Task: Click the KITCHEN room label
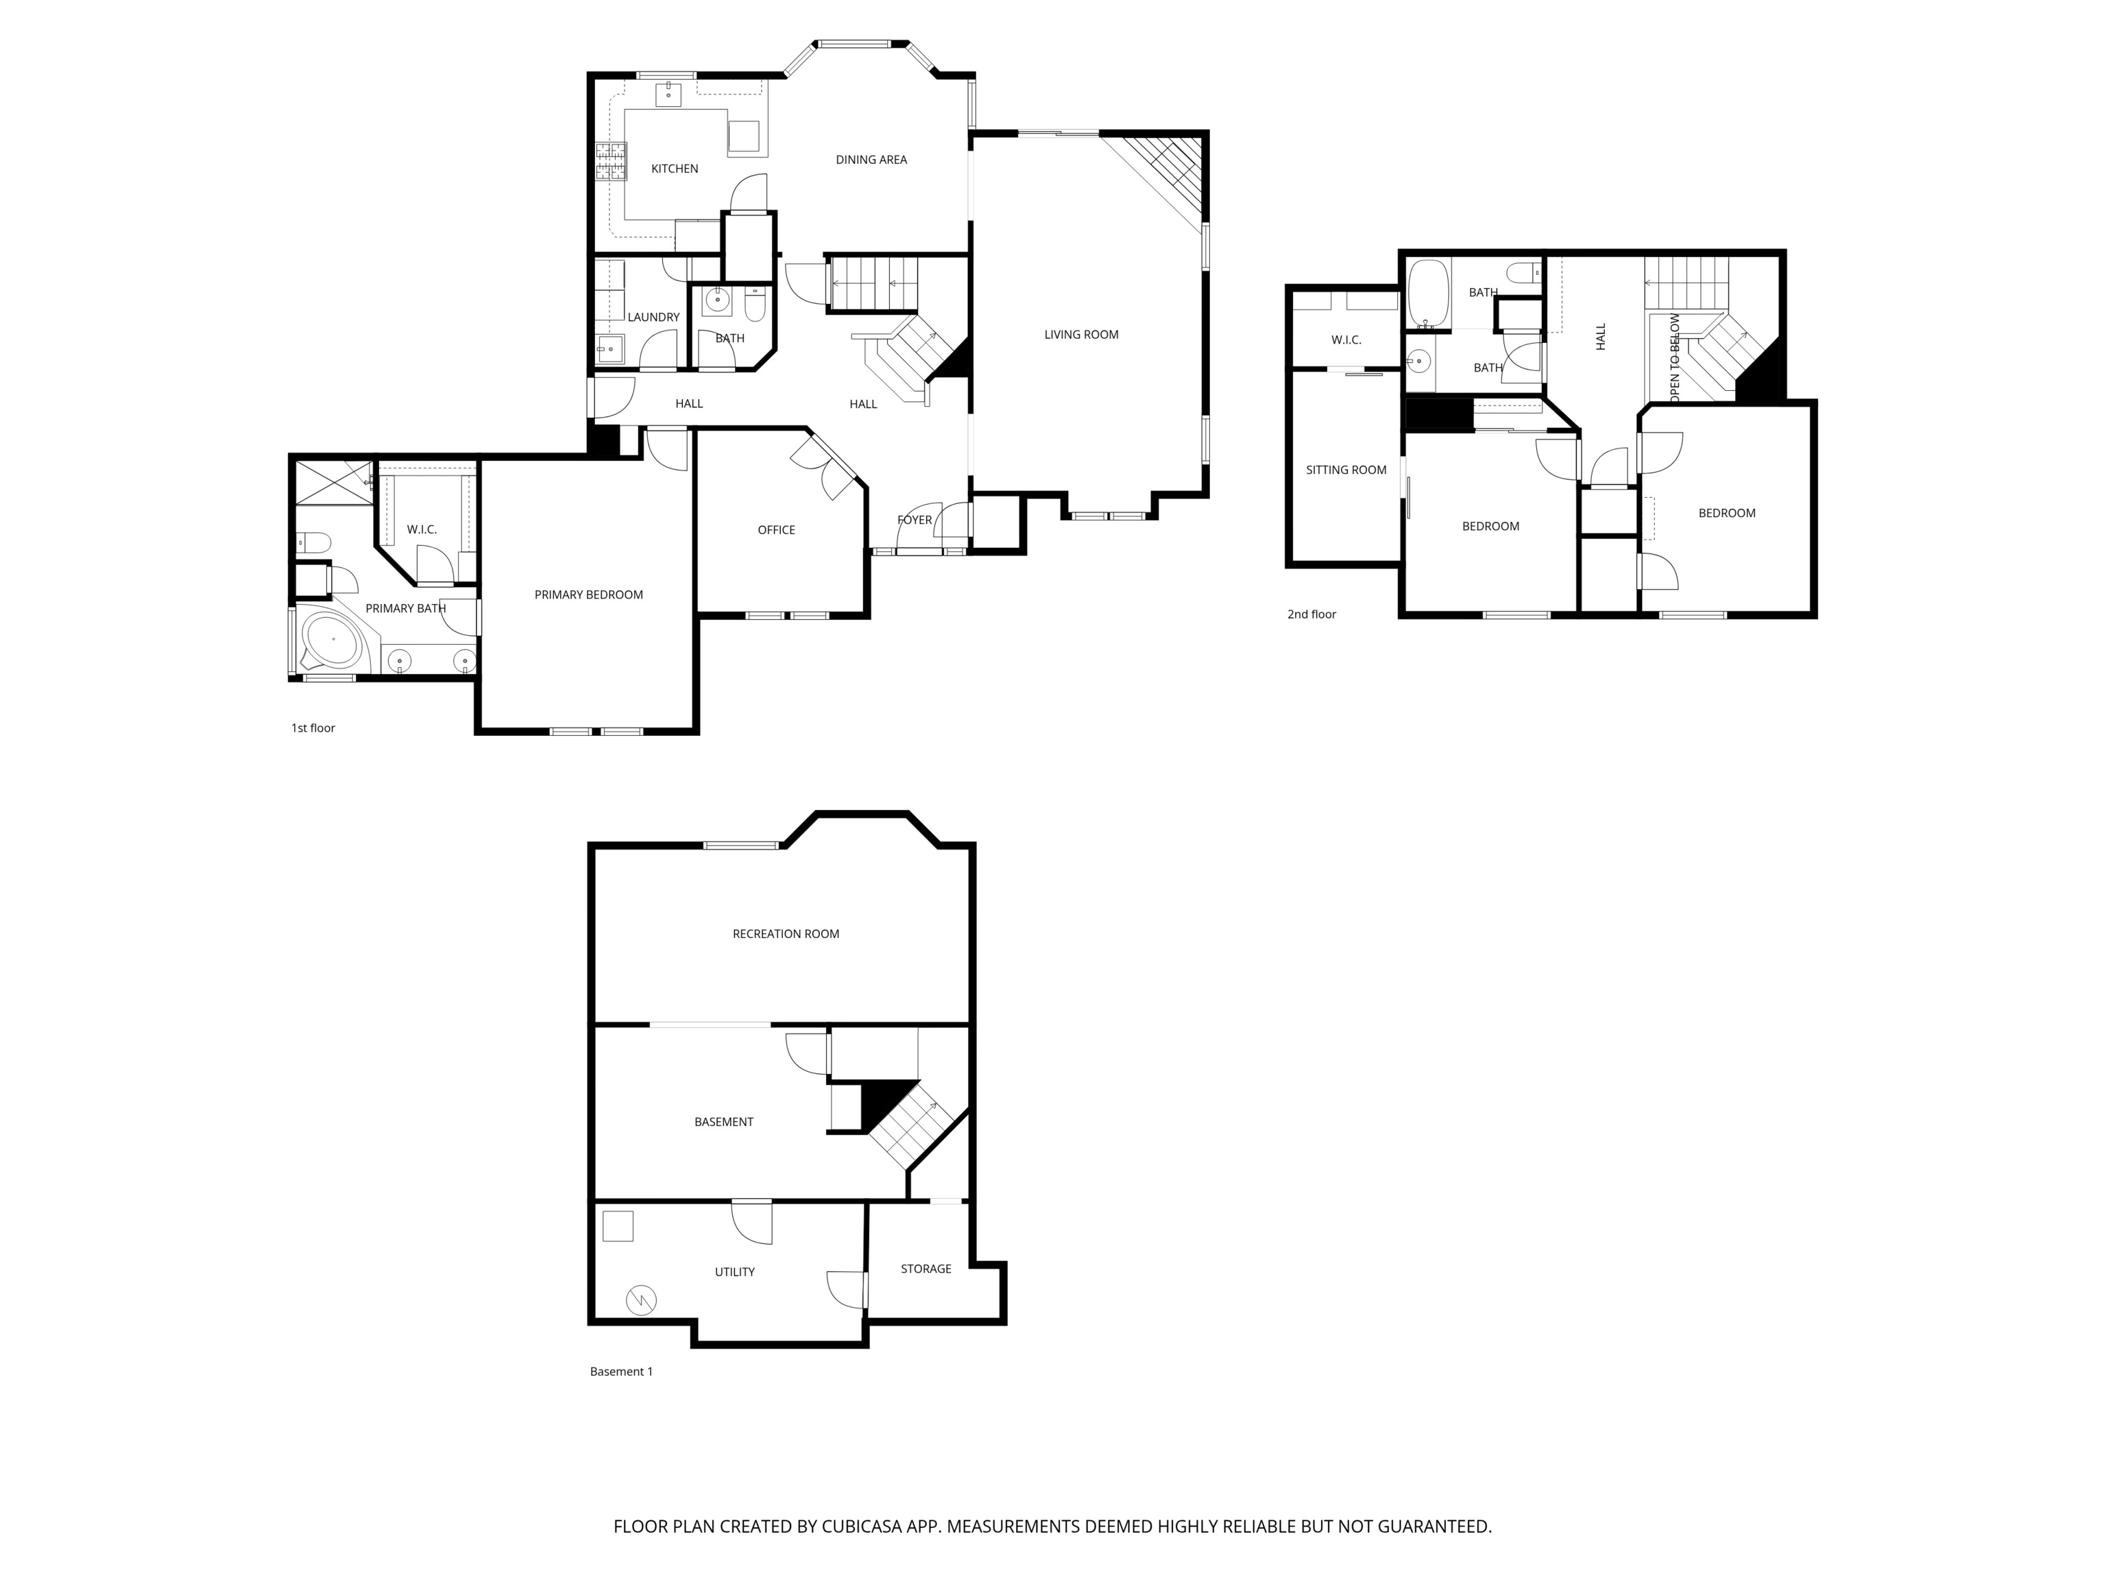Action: (674, 169)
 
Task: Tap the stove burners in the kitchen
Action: (612, 161)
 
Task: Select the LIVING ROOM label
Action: (1080, 334)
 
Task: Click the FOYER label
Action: (914, 520)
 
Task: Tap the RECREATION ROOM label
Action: (786, 934)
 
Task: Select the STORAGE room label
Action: (925, 1269)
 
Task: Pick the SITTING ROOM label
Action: (1345, 470)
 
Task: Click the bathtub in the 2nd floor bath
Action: (1427, 294)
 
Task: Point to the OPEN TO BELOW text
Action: (1675, 357)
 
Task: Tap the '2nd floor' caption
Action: (1311, 614)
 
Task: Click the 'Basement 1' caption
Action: (620, 1372)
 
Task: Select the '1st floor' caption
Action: (313, 728)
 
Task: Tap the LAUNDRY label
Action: (653, 317)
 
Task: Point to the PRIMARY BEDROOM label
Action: (588, 595)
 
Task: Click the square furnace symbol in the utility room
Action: (618, 1225)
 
